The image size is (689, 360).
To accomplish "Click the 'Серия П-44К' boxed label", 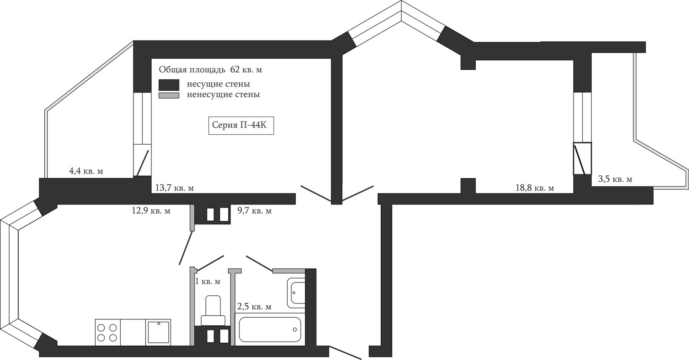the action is click(x=241, y=126).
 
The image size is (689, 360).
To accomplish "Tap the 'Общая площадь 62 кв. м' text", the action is click(x=211, y=70).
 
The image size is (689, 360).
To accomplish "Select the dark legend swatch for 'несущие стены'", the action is click(x=169, y=85).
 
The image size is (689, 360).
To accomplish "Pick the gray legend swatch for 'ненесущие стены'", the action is click(x=169, y=96).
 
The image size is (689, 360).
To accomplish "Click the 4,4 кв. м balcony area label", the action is click(x=86, y=171).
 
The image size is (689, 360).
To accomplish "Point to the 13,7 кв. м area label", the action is click(x=174, y=188).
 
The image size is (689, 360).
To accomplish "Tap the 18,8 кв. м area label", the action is click(x=535, y=188).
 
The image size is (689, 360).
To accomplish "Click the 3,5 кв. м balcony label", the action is click(x=615, y=179).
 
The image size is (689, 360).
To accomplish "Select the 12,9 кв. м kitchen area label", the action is click(x=151, y=211).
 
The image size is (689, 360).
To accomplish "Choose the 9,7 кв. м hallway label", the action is click(x=254, y=211).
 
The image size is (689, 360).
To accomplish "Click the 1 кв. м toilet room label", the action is click(x=208, y=281).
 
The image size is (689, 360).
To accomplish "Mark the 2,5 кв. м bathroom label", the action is click(x=254, y=307).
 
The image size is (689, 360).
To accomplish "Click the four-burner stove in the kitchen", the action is click(x=108, y=332).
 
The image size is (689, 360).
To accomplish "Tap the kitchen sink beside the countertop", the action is click(x=158, y=332).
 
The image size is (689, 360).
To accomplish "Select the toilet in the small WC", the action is click(x=213, y=310).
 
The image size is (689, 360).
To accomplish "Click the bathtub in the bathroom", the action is click(x=270, y=329).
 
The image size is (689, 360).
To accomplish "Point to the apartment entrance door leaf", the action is click(x=345, y=352).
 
